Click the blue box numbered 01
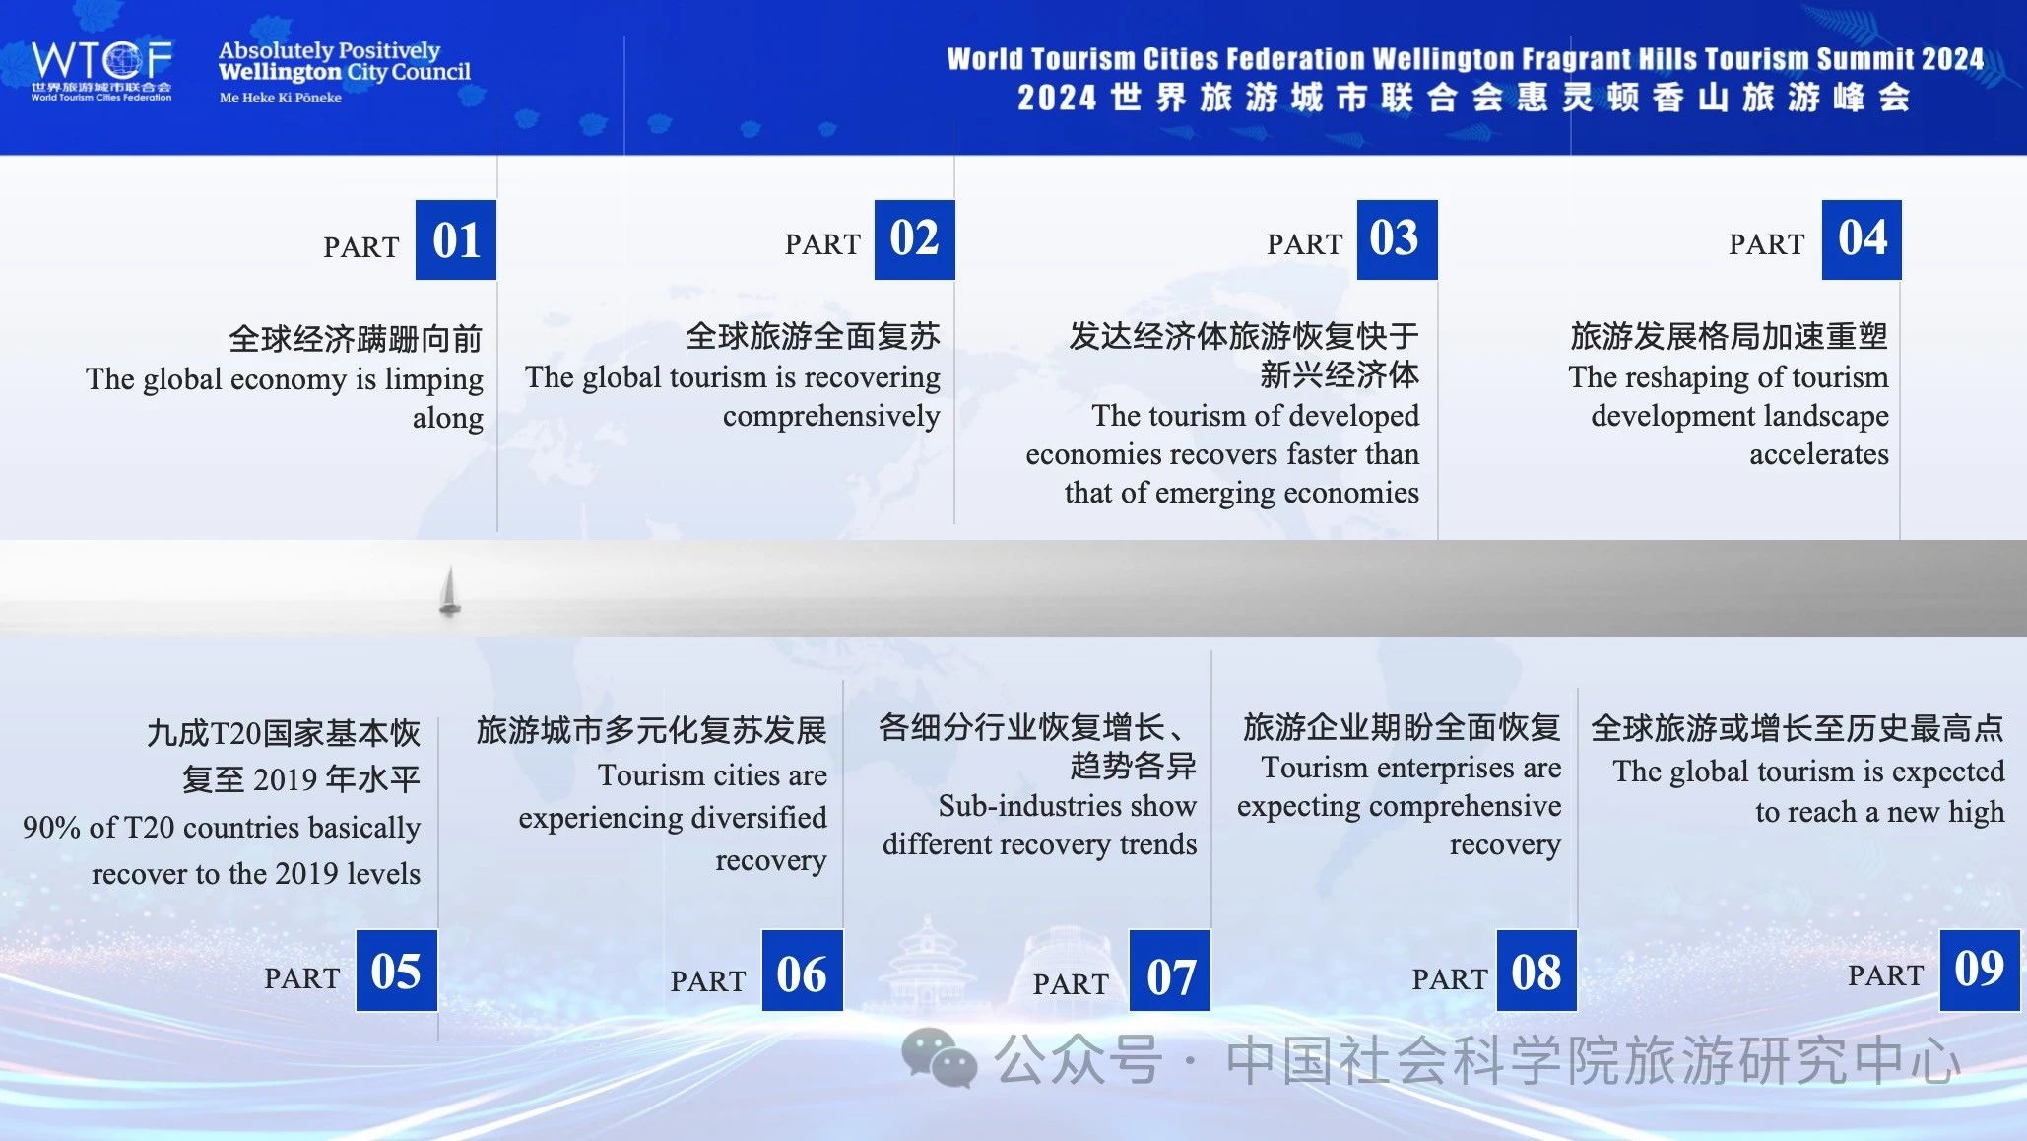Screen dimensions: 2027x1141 click(455, 239)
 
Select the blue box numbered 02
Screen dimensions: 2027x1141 click(914, 239)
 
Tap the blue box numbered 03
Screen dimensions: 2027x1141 click(1397, 239)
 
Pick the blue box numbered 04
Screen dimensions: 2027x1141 click(1862, 239)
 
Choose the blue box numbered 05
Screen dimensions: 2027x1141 click(396, 971)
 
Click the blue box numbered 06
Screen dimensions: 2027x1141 click(802, 971)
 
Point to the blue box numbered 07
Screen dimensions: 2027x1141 click(1169, 971)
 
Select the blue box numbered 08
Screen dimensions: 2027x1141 click(1537, 971)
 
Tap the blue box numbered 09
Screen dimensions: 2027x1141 click(1980, 971)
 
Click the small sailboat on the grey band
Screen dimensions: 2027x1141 click(449, 590)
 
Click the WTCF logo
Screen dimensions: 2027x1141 click(101, 70)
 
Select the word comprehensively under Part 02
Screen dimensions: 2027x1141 click(831, 417)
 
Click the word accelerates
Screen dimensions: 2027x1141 click(1819, 454)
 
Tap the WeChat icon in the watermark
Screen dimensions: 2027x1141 click(939, 1058)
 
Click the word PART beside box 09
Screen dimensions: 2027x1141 click(1885, 975)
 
